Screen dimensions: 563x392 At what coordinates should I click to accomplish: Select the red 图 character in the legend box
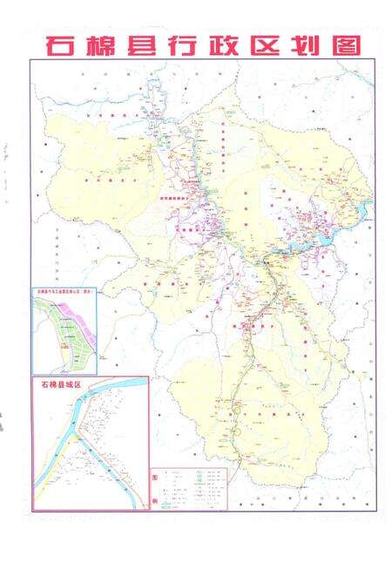156,476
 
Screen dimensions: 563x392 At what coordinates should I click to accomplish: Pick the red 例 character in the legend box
156,500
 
